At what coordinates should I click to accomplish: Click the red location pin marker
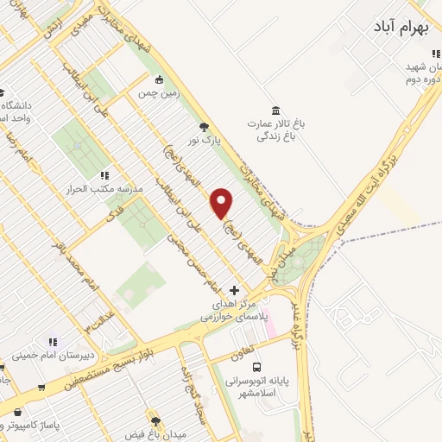222,202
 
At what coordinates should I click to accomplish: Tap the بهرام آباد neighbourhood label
401,28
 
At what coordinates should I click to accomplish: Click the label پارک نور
206,140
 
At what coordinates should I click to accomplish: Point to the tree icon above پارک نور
205,126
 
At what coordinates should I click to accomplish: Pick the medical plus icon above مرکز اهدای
235,291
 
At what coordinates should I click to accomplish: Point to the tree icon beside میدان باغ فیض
156,422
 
